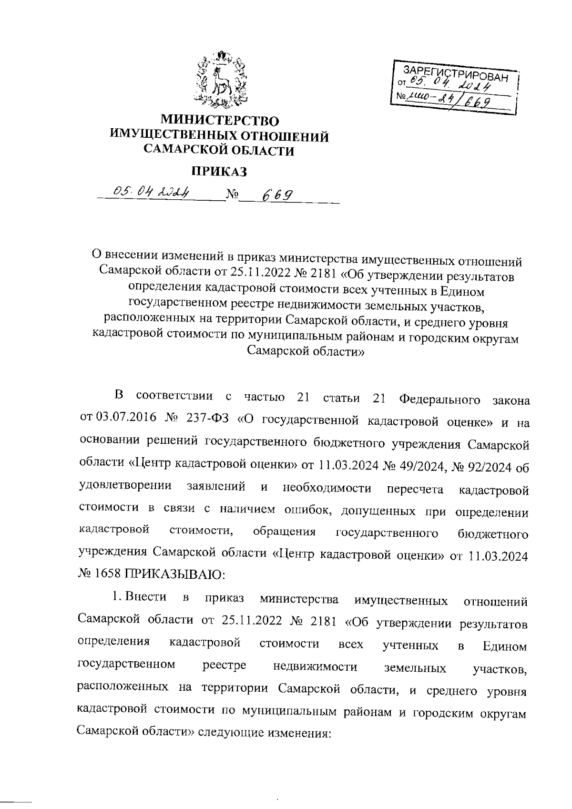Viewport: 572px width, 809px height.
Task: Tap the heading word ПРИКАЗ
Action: click(220, 171)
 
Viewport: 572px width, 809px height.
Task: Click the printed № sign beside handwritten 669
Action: click(232, 195)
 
